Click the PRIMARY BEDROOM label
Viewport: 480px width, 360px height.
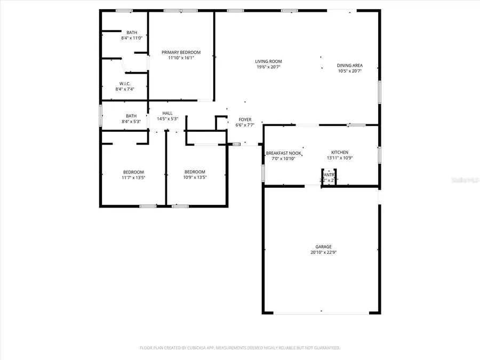181,52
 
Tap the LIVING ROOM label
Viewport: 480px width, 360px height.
268,61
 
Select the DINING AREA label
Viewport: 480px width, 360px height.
350,66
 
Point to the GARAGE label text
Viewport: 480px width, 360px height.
323,246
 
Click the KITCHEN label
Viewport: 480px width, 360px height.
340,153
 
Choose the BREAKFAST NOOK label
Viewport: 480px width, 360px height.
284,153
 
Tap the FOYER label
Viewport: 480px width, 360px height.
245,119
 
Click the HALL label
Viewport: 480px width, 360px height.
167,113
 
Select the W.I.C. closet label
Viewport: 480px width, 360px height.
125,83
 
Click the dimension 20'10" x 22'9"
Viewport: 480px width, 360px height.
323,252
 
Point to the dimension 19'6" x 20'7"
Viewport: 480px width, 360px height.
268,67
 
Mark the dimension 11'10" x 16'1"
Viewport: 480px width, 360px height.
181,58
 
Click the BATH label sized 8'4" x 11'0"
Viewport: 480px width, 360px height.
131,33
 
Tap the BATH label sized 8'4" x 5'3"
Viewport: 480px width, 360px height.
131,116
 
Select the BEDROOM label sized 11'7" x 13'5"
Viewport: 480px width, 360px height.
133,172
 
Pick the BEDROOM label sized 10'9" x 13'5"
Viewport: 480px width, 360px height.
194,172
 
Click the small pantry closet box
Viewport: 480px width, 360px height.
329,177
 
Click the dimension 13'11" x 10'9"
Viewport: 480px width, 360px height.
340,158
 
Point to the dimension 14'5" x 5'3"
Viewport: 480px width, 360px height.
167,118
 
